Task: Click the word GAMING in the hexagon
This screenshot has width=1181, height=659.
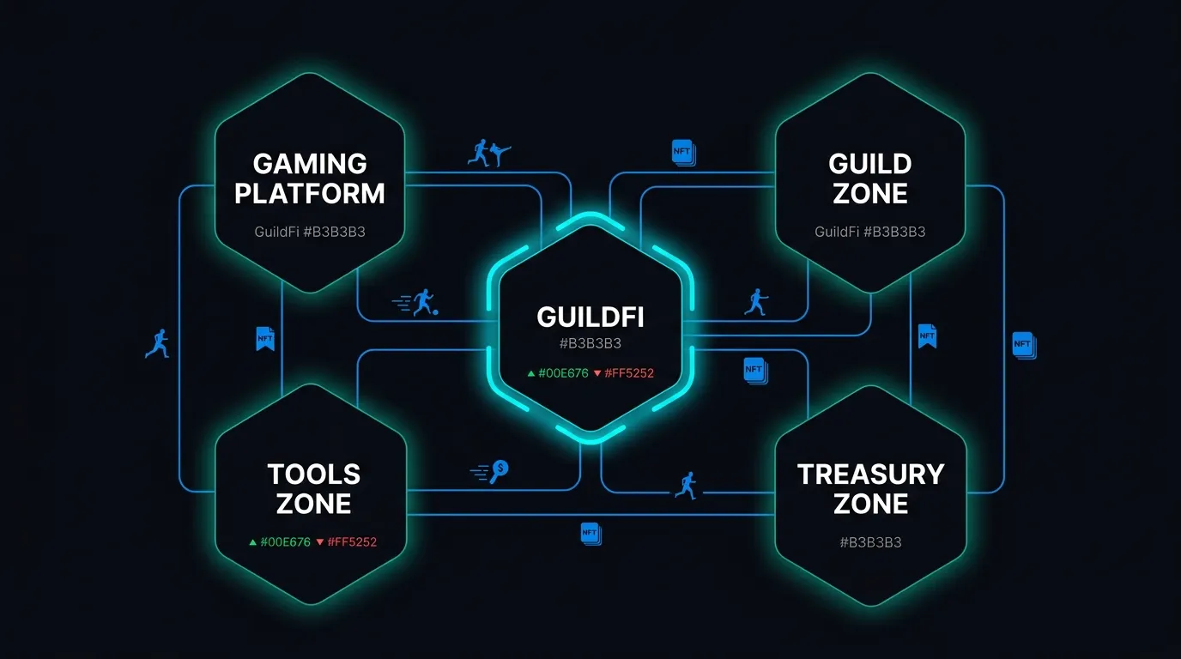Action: point(310,164)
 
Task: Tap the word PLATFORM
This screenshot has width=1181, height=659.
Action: point(310,193)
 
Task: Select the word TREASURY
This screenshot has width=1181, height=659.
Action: point(870,475)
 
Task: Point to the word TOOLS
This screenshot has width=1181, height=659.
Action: point(314,475)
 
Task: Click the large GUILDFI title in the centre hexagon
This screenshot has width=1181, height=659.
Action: point(590,317)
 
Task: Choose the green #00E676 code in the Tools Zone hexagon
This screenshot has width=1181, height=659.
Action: point(285,542)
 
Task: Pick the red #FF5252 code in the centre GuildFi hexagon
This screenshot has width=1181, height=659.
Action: point(629,373)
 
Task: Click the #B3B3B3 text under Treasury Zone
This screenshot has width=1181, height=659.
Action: point(870,542)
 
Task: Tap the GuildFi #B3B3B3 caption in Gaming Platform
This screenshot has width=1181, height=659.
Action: point(310,232)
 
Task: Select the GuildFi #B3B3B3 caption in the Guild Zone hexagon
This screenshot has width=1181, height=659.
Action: point(870,232)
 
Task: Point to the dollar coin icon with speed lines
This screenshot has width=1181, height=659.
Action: point(491,471)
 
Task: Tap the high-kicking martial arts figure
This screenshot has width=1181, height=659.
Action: point(500,154)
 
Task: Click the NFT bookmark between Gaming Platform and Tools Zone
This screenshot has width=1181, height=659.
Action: point(265,338)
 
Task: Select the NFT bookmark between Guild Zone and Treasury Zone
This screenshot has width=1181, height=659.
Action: point(928,336)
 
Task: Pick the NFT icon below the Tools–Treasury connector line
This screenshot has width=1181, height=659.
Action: point(591,534)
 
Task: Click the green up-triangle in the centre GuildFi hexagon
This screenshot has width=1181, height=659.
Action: point(531,374)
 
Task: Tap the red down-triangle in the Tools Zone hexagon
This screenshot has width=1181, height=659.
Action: point(319,542)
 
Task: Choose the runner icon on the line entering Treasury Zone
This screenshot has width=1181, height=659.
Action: point(687,486)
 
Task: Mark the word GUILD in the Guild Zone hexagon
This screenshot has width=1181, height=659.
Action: point(870,164)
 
